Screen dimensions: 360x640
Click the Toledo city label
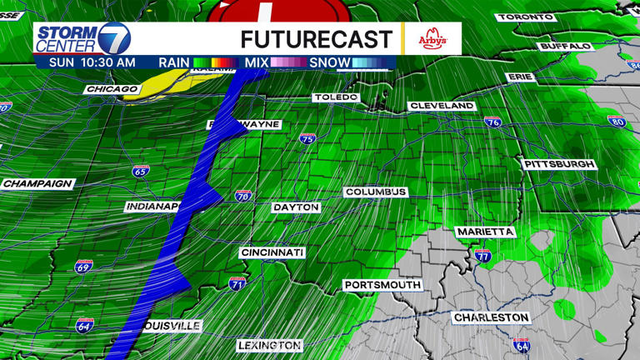click(x=336, y=97)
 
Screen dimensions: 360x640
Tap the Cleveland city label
click(x=442, y=106)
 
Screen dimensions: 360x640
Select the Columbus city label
click(x=376, y=192)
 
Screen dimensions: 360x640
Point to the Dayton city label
click(x=296, y=207)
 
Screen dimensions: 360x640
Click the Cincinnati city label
click(x=272, y=252)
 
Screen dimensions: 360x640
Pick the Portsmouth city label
click(x=382, y=285)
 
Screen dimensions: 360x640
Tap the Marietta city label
click(x=485, y=231)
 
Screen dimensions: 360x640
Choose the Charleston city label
click(x=491, y=317)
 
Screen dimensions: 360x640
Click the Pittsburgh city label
click(x=559, y=164)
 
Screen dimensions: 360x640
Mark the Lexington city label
click(x=269, y=345)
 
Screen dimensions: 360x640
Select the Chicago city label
click(x=111, y=89)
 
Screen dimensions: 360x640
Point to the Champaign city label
click(x=38, y=183)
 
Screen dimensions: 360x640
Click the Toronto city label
click(x=524, y=17)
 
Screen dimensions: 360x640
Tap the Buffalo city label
click(x=565, y=46)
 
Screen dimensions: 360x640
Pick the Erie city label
click(x=519, y=77)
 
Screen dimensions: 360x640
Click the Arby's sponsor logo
click(x=432, y=38)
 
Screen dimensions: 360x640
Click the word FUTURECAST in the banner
click(x=316, y=38)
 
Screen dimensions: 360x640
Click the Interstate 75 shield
click(x=307, y=139)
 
